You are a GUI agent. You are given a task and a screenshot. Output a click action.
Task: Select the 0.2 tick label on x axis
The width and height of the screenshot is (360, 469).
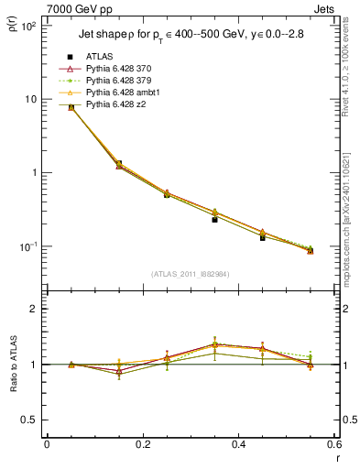142,445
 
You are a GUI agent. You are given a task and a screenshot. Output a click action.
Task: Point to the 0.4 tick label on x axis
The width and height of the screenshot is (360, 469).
238,445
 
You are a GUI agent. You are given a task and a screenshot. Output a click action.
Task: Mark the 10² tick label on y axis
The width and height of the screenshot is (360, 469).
28,27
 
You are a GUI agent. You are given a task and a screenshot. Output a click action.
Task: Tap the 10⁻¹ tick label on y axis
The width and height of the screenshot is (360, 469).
28,246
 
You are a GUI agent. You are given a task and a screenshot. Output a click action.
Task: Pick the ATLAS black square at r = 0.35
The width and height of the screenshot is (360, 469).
214,220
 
